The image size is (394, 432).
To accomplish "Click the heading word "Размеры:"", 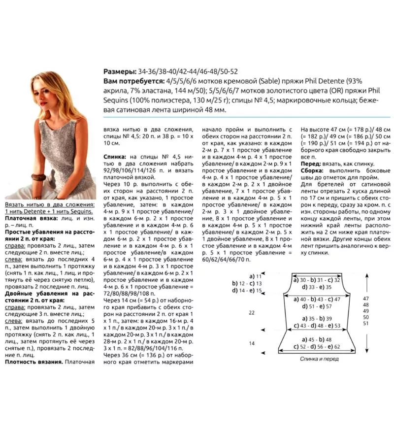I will tap(120, 70).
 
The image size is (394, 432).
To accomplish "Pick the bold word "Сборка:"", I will tap(315, 171).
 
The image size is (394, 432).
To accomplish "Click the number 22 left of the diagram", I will tap(252, 312).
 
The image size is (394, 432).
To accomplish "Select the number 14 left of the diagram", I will tap(252, 343).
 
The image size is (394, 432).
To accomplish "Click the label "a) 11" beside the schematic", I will tap(256, 276).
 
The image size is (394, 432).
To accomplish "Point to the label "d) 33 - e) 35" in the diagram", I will tap(317, 287).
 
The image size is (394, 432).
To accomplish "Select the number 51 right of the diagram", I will tap(366, 324).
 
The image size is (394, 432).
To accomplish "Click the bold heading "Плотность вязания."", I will tap(33, 362).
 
